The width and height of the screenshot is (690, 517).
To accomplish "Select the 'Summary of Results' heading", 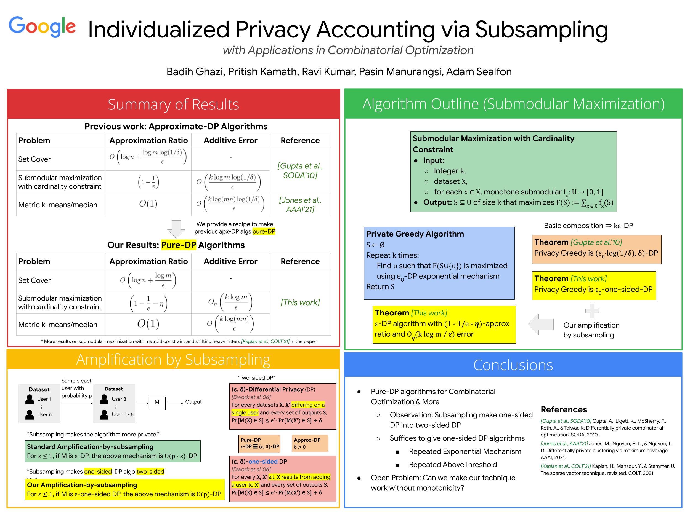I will click(x=173, y=105).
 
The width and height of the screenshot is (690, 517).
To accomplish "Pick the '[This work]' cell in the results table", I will click(x=300, y=302).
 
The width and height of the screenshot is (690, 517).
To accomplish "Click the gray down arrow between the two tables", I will click(x=176, y=229).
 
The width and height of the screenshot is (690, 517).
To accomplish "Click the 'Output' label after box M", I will click(x=193, y=402).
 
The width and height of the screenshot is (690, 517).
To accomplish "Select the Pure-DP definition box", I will click(x=259, y=443).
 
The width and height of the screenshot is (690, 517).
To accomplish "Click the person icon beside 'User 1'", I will click(x=30, y=399).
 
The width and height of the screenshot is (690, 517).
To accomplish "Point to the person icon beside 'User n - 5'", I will click(x=104, y=414).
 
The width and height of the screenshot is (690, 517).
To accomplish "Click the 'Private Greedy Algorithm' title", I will click(x=415, y=234).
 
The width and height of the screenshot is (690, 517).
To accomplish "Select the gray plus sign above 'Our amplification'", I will click(x=592, y=311).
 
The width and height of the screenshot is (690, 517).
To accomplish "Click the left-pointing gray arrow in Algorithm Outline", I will click(x=541, y=324).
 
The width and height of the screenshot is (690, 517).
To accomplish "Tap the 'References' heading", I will click(x=564, y=409).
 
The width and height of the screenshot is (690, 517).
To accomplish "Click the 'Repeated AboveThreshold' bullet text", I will click(x=453, y=465).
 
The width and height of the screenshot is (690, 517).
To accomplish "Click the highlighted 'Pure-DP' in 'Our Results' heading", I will click(x=178, y=245).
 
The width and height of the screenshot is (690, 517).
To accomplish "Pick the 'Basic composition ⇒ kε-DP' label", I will click(x=588, y=226).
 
